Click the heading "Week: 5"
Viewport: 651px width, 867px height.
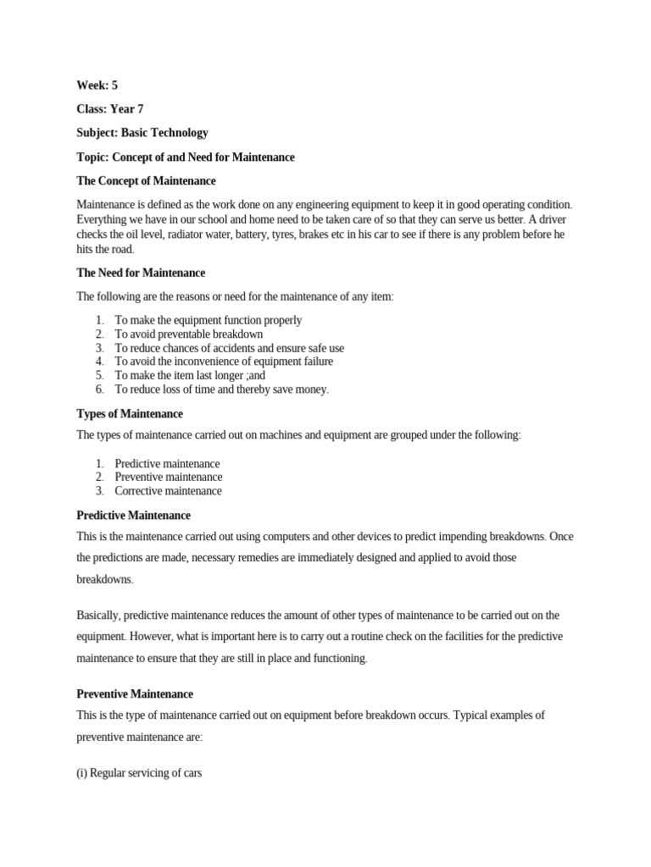tap(97, 86)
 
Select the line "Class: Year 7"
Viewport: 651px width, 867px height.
tap(110, 109)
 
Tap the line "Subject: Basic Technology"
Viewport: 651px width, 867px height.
tap(142, 133)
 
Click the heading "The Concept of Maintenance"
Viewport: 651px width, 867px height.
tap(146, 181)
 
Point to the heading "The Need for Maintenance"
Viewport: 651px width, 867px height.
tap(141, 273)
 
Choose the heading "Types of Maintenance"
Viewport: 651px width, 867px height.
tap(130, 414)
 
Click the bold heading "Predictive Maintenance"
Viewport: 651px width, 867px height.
tap(134, 515)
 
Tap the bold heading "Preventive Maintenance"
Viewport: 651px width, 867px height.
tap(135, 693)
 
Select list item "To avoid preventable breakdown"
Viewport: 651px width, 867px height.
tap(189, 334)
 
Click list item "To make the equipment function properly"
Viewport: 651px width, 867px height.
tap(209, 320)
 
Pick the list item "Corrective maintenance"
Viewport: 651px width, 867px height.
tap(169, 491)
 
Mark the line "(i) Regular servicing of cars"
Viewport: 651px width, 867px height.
tap(139, 773)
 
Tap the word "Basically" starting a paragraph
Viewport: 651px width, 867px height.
tap(100, 615)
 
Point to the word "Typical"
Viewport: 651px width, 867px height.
tap(473, 715)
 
